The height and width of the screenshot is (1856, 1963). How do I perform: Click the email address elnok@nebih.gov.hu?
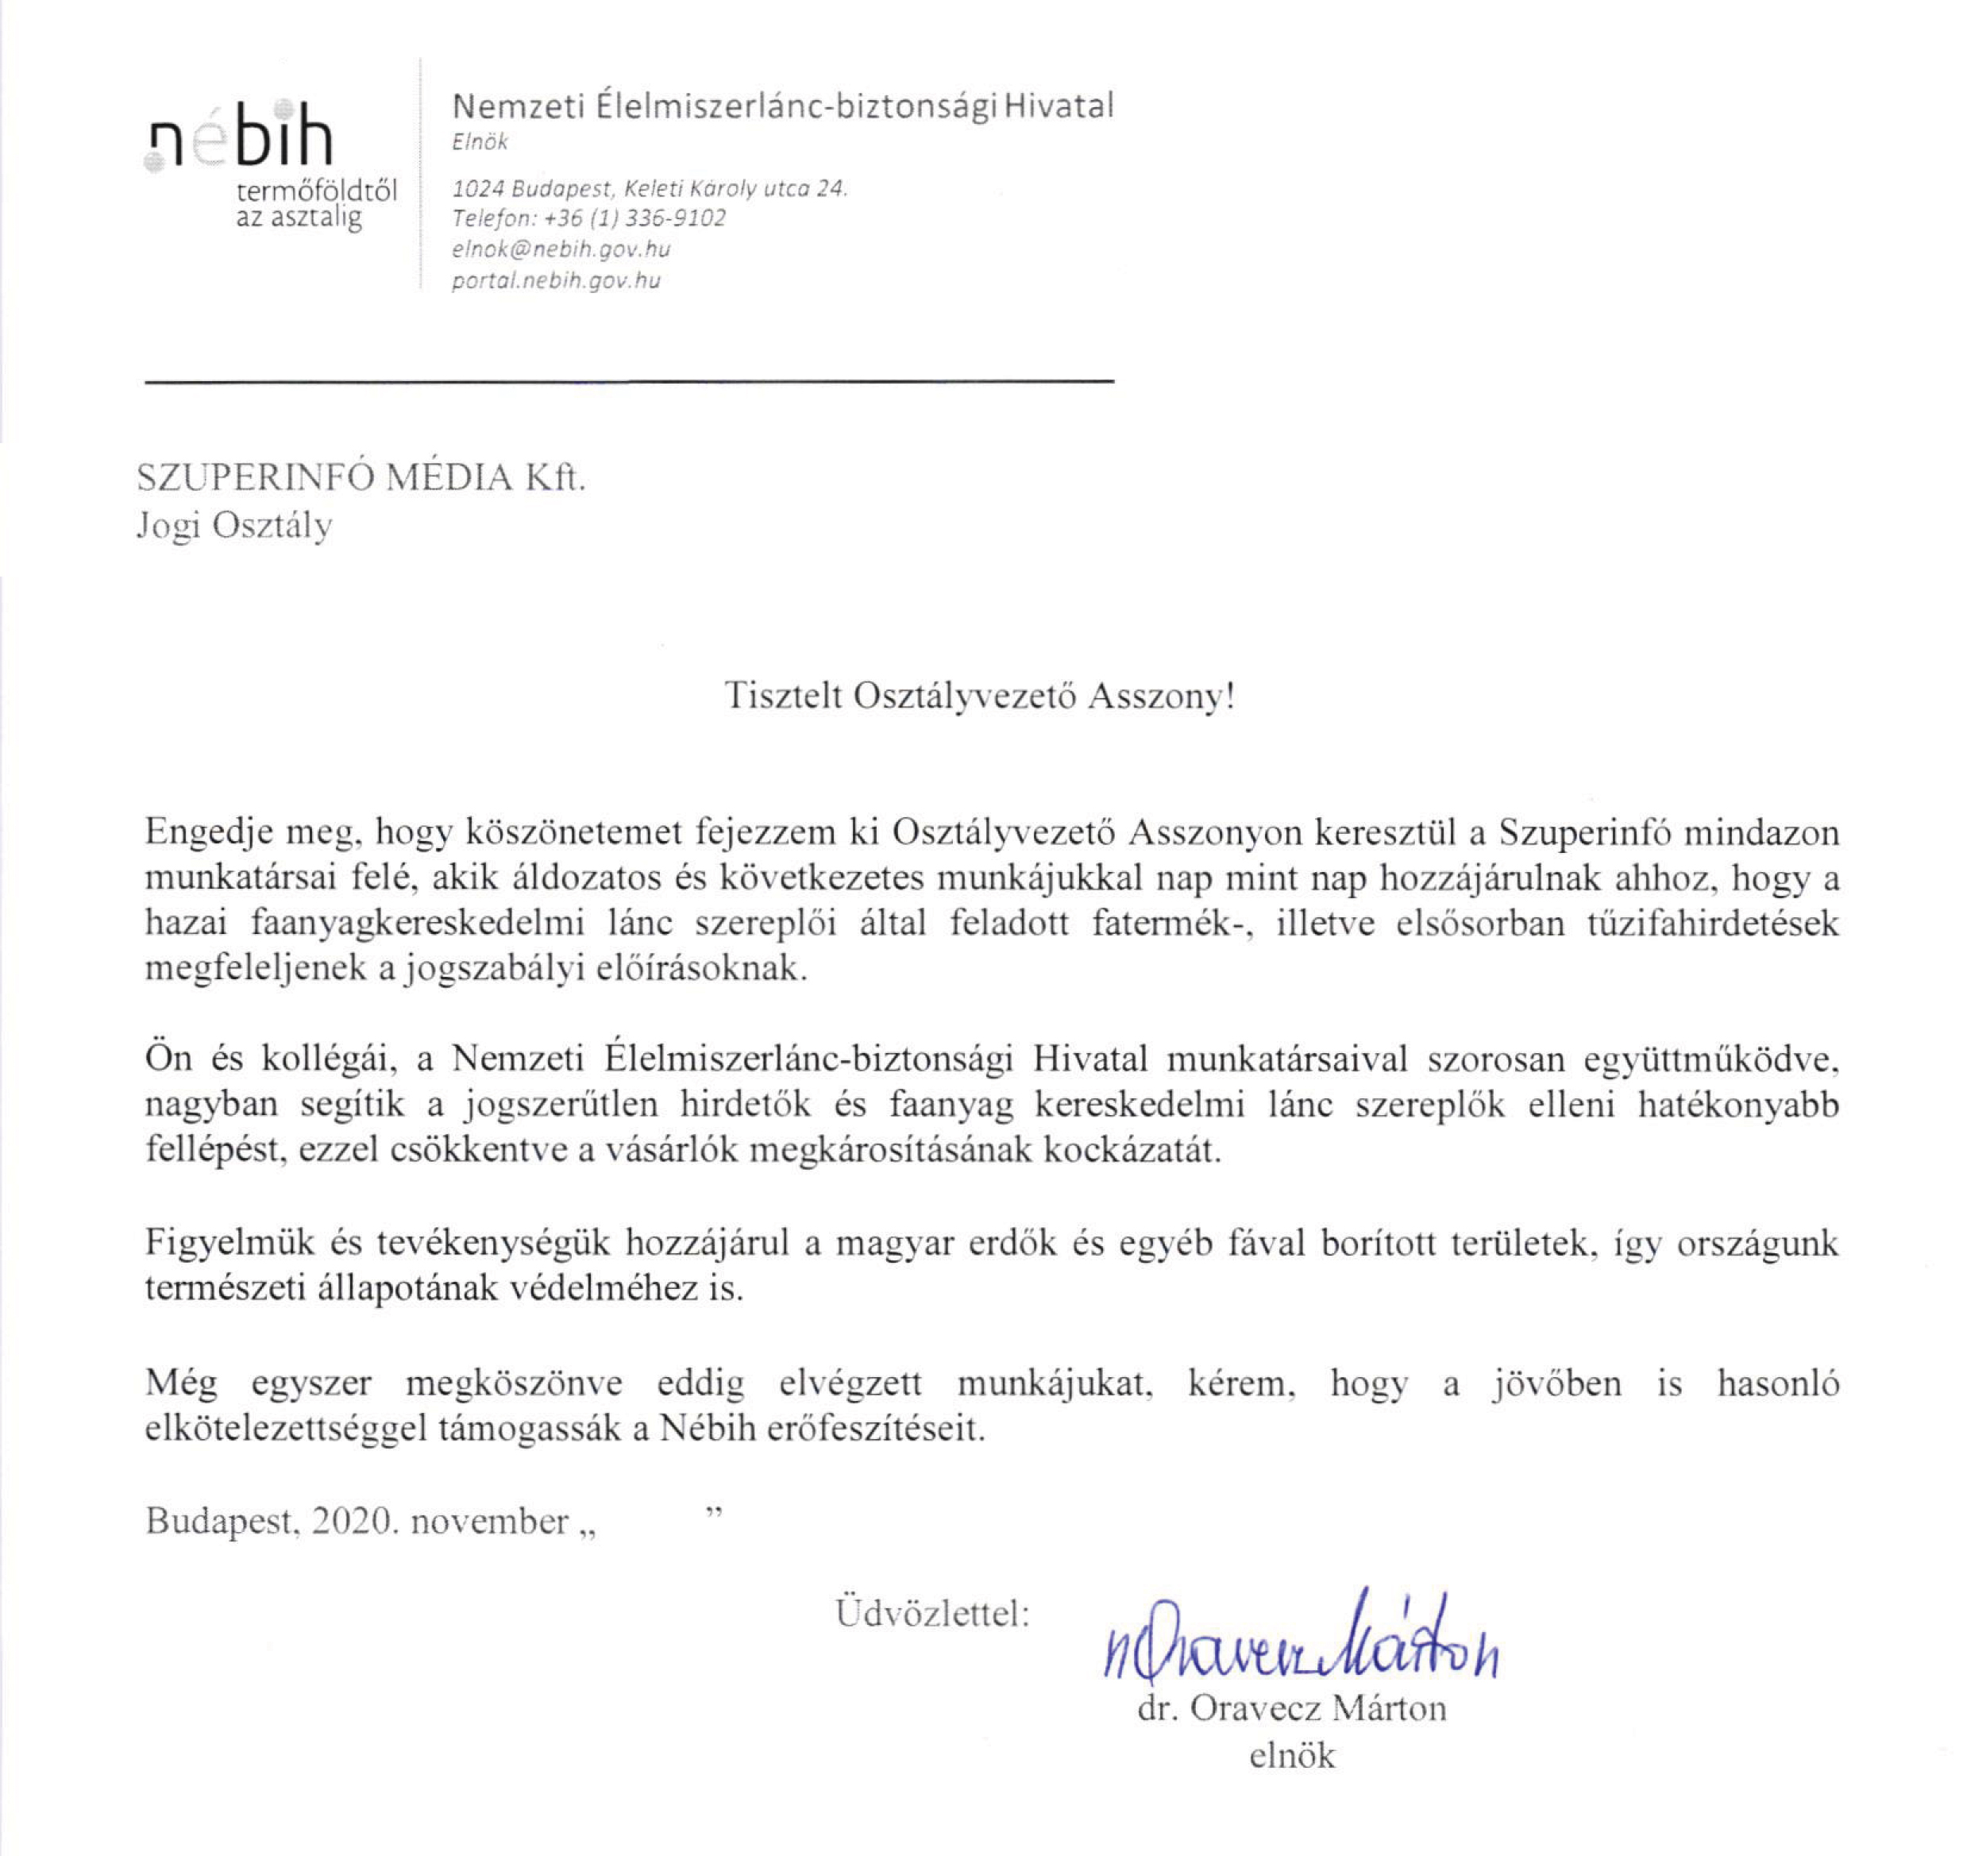pyautogui.click(x=561, y=249)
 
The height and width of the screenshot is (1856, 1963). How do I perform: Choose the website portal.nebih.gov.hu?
pyautogui.click(x=556, y=281)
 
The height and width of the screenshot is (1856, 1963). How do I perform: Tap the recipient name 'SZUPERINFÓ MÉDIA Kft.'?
pyautogui.click(x=361, y=478)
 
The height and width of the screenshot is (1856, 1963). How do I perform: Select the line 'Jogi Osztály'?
pyautogui.click(x=233, y=525)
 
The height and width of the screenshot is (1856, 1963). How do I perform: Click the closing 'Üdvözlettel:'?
pyautogui.click(x=933, y=1614)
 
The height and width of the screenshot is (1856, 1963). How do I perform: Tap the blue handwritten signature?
pyautogui.click(x=1297, y=1643)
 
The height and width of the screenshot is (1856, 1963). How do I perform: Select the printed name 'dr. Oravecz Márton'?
pyautogui.click(x=1291, y=1708)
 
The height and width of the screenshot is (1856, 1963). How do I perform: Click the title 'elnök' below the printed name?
pyautogui.click(x=1292, y=1756)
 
